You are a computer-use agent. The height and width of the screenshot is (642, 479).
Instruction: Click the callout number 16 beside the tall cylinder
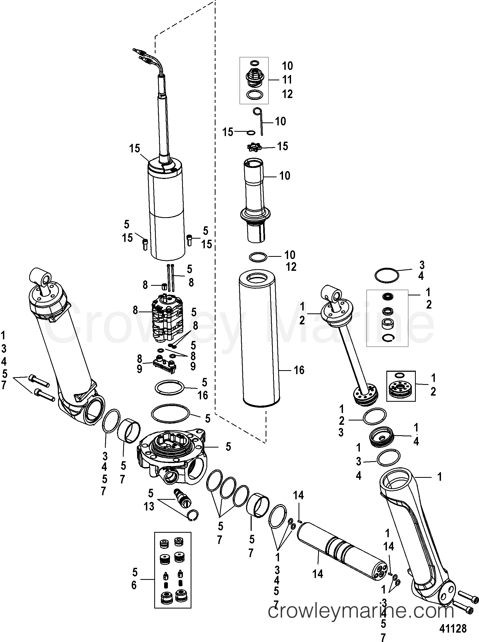click(x=299, y=370)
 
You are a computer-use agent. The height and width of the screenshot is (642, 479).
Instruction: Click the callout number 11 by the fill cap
click(x=287, y=80)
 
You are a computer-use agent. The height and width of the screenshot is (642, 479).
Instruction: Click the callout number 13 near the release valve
click(x=149, y=506)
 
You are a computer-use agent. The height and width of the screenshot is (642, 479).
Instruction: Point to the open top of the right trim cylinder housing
click(x=395, y=478)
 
